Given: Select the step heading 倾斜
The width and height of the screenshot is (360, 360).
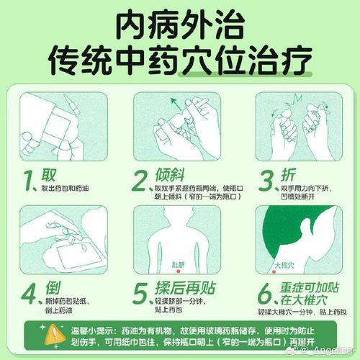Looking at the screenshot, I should (x=170, y=176).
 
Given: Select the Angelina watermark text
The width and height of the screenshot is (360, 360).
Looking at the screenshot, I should (x=333, y=352).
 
